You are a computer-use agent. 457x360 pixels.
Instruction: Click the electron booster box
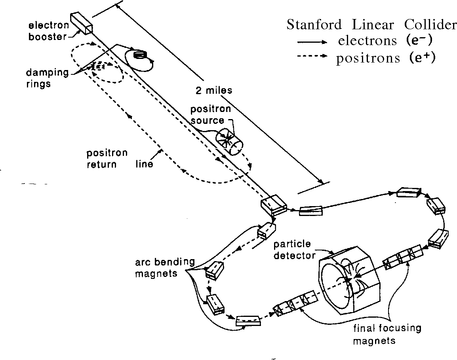[x=81, y=23]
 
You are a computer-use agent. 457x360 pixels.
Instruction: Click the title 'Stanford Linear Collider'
[x=371, y=25]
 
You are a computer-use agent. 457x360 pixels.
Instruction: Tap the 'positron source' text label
[x=208, y=114]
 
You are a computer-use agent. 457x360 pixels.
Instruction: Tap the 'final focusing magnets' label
[x=388, y=334]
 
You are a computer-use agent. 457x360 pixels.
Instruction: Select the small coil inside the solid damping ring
[x=139, y=55]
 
